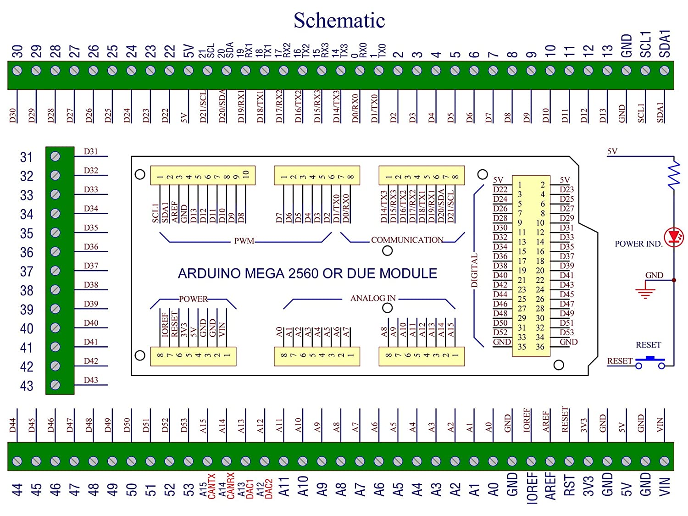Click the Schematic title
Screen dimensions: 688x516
point(339,20)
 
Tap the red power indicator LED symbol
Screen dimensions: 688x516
point(674,237)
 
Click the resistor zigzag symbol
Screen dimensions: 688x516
point(674,176)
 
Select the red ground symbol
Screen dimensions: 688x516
point(645,292)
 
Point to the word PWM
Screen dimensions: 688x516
point(244,241)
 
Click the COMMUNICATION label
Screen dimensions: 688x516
point(407,240)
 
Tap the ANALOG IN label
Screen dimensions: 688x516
point(373,298)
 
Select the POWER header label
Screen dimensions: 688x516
point(193,299)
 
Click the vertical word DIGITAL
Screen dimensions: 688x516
point(475,270)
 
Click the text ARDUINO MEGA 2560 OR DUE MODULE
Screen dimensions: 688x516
point(307,273)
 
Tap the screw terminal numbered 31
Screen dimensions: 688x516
point(55,156)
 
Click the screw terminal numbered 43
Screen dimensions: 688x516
point(55,385)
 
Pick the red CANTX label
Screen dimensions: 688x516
point(211,486)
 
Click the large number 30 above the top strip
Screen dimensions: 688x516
point(17,51)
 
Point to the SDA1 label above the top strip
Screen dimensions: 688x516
point(665,44)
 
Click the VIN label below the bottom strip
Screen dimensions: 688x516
point(665,487)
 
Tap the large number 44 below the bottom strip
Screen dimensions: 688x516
point(17,490)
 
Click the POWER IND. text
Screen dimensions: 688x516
point(638,244)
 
